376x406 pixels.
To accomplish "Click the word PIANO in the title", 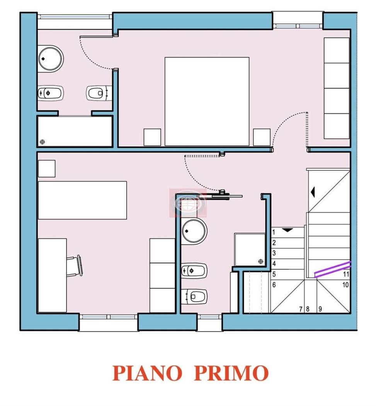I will (x=147, y=373).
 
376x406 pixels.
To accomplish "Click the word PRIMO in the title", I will (x=231, y=373).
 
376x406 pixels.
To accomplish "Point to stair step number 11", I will (x=346, y=274).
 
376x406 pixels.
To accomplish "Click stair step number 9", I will (x=320, y=309).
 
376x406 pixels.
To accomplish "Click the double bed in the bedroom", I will (x=207, y=101).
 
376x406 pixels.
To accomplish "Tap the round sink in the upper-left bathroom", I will (x=51, y=58).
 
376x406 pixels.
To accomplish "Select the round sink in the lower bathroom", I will (x=194, y=231).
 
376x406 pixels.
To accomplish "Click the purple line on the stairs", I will (x=332, y=269).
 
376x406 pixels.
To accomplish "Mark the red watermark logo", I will (x=188, y=203).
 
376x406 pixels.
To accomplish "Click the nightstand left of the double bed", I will (x=152, y=137).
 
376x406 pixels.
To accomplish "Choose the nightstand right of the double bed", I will (x=262, y=137).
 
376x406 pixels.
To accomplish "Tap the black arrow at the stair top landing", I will (x=313, y=191).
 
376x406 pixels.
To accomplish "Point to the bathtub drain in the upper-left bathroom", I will (x=42, y=142).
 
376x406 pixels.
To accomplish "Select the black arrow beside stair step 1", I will (x=287, y=230).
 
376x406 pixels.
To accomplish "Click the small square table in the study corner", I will (x=47, y=168).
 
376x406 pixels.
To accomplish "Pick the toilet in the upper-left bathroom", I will (x=97, y=93).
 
